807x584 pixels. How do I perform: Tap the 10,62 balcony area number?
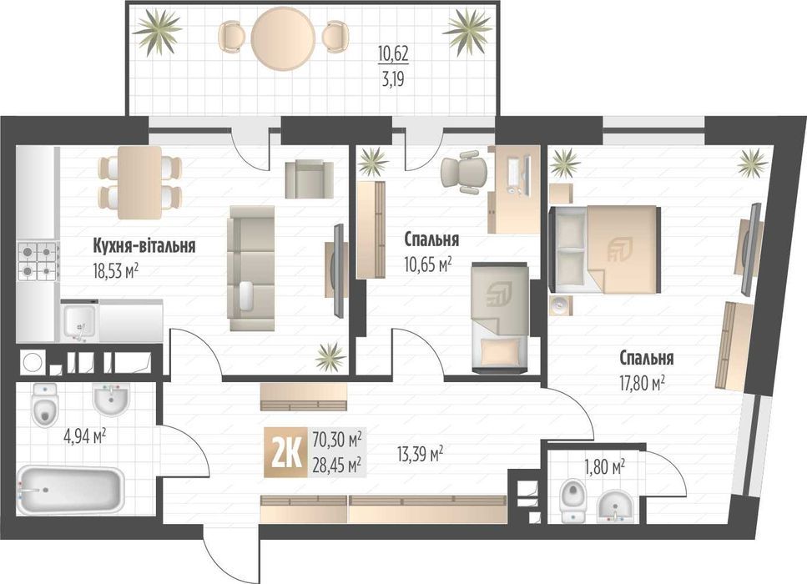(x=393, y=57)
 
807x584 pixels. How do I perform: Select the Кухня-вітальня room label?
(x=144, y=246)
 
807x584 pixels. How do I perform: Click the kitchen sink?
(x=79, y=320)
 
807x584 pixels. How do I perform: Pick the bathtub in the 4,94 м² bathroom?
(x=71, y=490)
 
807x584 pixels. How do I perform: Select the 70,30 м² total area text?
(x=336, y=438)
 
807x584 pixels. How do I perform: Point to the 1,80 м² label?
(x=606, y=467)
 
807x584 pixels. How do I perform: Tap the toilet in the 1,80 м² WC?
(x=572, y=498)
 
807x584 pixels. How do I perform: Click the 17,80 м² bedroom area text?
(x=642, y=383)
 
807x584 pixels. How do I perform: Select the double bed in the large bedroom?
(x=606, y=249)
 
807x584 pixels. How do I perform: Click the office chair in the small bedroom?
(x=462, y=172)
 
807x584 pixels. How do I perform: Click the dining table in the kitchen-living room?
(x=139, y=180)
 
